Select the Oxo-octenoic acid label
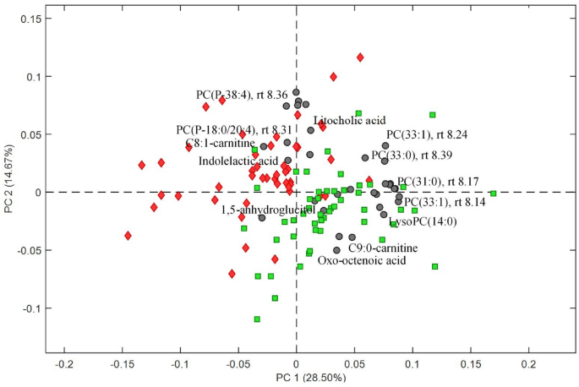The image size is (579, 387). [362, 261]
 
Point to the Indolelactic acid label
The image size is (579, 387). [238, 161]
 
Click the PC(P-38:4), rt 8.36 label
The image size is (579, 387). [242, 95]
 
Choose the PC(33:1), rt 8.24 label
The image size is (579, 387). [427, 134]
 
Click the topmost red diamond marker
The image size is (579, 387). [360, 57]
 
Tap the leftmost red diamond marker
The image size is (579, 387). [128, 236]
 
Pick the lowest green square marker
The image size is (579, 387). [257, 319]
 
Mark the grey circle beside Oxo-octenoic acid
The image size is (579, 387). [336, 250]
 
